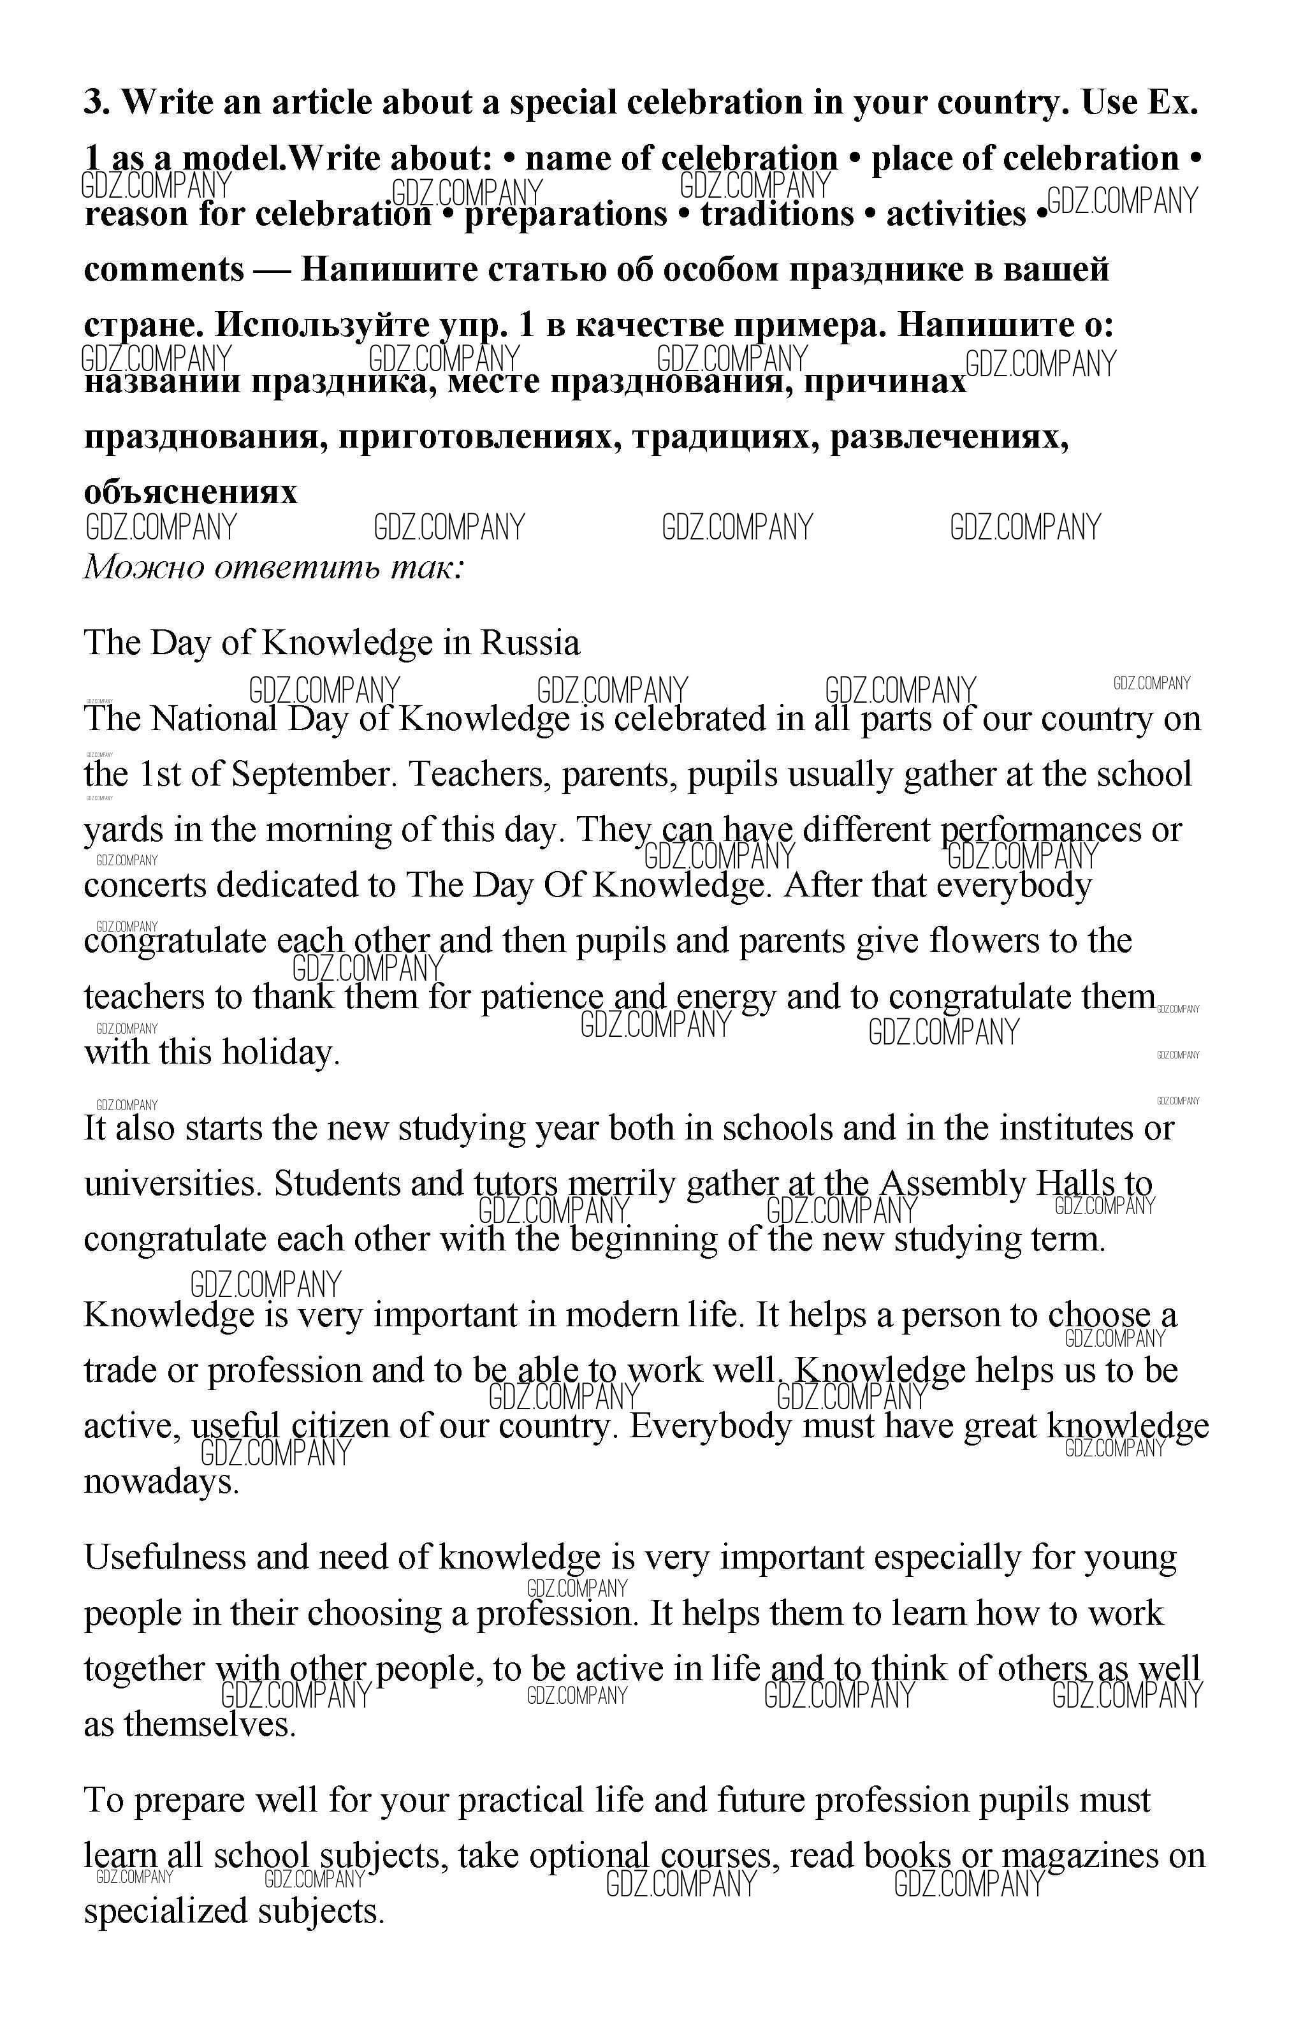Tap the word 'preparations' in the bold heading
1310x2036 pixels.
pos(565,214)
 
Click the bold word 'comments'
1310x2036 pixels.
pos(163,270)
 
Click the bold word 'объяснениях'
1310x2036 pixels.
pos(191,492)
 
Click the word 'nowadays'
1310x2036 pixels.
pos(161,1482)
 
